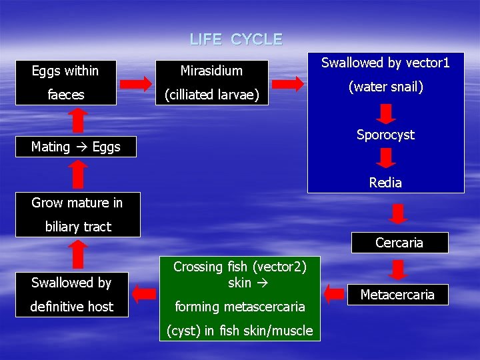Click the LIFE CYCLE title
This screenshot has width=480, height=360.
pos(236,39)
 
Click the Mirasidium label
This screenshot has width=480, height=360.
pos(212,70)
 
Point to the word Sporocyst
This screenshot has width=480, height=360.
pos(385,135)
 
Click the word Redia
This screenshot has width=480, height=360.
pos(385,183)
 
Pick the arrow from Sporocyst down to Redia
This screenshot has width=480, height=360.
pos(385,159)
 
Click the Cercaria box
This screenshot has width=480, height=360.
pos(399,243)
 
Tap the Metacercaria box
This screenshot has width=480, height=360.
pos(397,295)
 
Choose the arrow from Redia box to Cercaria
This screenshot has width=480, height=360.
pos(399,214)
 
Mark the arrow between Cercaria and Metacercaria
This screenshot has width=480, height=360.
pos(399,269)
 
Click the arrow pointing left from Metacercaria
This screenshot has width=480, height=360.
pos(337,292)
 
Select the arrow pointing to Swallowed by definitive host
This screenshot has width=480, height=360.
pos(143,292)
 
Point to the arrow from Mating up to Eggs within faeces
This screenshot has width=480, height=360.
pos(78,120)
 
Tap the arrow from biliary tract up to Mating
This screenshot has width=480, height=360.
pos(78,175)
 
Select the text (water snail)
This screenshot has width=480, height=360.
pos(385,87)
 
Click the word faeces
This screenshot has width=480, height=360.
pos(65,95)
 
